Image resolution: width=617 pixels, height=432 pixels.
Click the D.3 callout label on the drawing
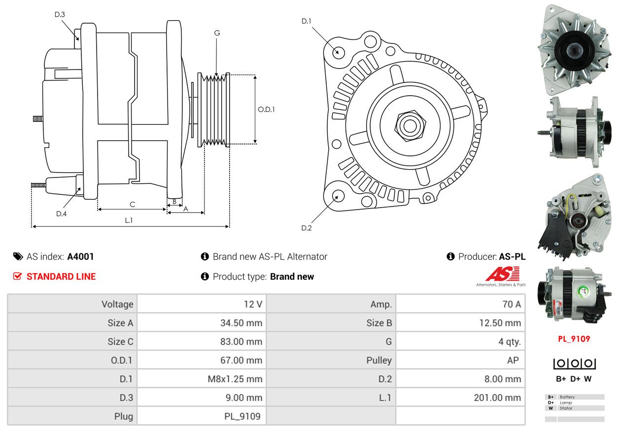(60, 14)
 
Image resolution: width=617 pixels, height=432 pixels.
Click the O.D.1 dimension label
(266, 109)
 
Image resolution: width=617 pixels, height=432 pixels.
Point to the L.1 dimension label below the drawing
(129, 220)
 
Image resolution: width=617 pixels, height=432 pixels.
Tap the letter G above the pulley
(217, 33)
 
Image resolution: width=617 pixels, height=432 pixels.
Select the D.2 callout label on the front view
(307, 228)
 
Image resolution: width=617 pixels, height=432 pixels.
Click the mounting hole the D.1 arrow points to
(338, 51)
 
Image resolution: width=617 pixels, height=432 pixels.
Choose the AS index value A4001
(80, 256)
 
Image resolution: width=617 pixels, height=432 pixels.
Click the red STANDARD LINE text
(61, 277)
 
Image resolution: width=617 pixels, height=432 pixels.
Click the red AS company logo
(502, 274)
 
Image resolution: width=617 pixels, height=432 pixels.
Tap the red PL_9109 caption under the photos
(574, 339)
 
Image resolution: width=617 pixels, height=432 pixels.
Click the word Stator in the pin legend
(567, 408)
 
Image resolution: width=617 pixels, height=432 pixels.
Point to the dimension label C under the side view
(132, 204)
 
